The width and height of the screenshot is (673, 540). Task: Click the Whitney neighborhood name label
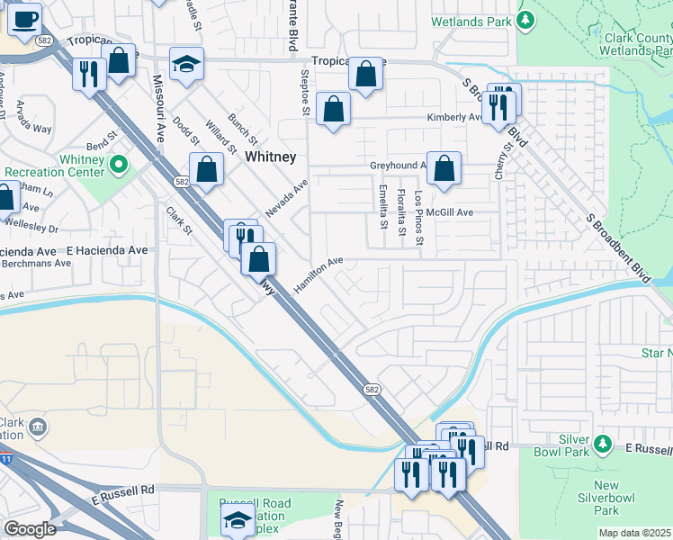coord(271,157)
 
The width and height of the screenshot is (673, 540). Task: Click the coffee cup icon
coord(25,18)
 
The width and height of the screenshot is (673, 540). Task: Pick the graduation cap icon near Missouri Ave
coord(187,64)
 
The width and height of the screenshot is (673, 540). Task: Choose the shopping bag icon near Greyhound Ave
coord(444,167)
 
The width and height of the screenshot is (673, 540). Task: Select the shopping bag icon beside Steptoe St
coord(333,109)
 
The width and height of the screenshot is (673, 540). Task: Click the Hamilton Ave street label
coord(319,274)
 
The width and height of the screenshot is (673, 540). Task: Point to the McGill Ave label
coord(450,212)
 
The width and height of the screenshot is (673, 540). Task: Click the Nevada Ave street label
coord(286,198)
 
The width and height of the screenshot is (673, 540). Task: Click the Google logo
coord(29,529)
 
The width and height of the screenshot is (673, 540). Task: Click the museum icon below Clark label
coord(38,426)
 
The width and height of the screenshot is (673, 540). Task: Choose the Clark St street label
coord(179,221)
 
